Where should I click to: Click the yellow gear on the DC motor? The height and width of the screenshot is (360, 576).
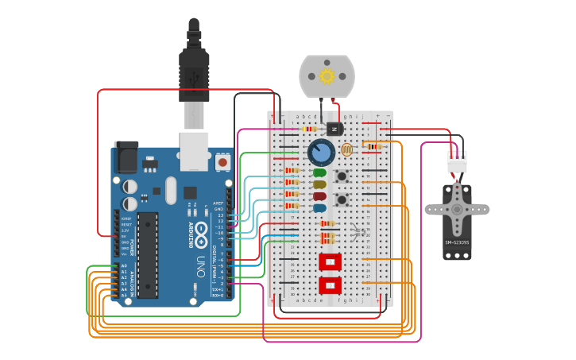327,77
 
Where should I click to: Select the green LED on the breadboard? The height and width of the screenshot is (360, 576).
319,172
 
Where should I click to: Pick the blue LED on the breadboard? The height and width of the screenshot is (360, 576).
319,207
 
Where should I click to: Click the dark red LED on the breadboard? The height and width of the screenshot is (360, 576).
319,196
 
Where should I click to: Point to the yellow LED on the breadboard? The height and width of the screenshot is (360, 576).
319,184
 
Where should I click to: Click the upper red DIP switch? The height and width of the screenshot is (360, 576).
330,261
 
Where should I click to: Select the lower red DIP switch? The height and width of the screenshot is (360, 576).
330,285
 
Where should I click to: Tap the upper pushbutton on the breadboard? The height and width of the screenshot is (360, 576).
343,176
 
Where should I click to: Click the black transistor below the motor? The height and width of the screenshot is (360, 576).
334,129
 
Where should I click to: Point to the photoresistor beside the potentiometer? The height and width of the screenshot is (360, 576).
346,149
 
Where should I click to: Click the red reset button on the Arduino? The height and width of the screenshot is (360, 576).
222,162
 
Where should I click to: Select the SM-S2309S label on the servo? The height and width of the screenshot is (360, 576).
456,242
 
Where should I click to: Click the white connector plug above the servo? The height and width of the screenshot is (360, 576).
457,161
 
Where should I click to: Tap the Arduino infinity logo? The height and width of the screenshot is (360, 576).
201,235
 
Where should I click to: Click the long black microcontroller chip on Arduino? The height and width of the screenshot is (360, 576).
147,255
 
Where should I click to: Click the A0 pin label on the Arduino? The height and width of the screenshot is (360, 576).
124,266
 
